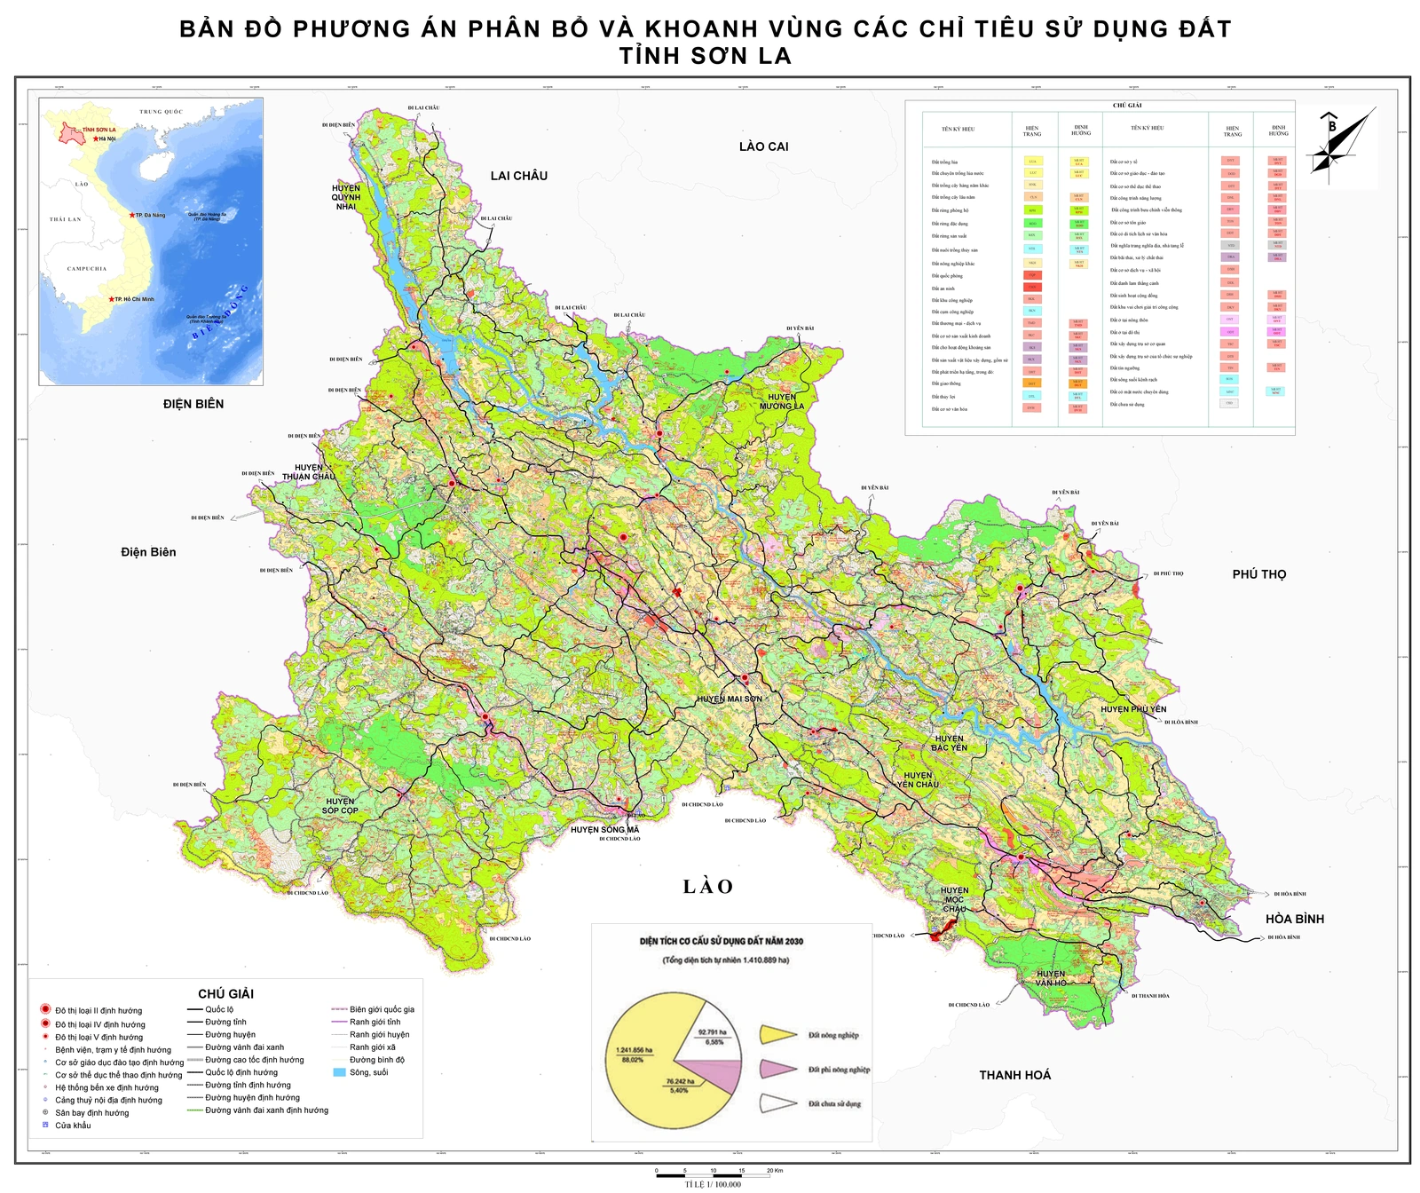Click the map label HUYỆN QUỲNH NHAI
coord(346,197)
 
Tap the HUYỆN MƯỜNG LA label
coord(781,401)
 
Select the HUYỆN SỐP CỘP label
coord(340,806)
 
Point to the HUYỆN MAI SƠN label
coord(729,699)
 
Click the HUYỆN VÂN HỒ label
coord(1051,978)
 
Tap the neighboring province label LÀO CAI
coord(763,146)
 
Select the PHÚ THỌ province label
coord(1258,574)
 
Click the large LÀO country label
coord(707,887)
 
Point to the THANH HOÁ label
coord(1014,1075)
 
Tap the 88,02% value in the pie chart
coord(633,1059)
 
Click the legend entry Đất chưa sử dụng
coord(834,1103)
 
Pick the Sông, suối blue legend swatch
coord(339,1072)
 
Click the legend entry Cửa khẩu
coord(73,1126)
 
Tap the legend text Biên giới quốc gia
coord(382,1009)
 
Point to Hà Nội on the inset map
coord(105,138)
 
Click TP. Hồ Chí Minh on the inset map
coord(133,299)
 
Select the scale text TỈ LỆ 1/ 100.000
coord(713,1184)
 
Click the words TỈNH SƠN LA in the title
coord(706,56)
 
